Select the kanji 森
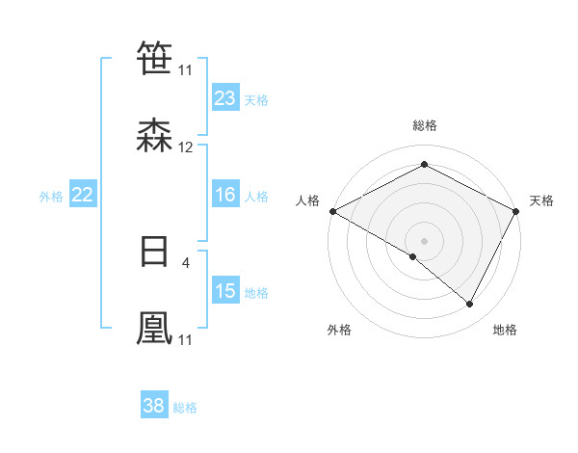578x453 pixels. pos(155,137)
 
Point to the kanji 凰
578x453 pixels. pos(155,328)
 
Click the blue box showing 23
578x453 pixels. pos(225,98)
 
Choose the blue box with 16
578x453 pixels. pos(225,195)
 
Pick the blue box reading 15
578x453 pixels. pos(225,291)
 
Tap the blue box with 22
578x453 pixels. pos(83,195)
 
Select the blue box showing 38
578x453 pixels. pos(154,406)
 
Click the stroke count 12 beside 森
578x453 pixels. pos(186,147)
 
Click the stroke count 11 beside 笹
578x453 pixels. pos(185,70)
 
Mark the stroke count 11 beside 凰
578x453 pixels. pos(185,339)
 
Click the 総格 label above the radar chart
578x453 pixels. pos(424,125)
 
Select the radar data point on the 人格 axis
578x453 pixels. pos(331,210)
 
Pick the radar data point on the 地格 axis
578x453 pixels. pos(470,304)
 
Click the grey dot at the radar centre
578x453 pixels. pos(424,240)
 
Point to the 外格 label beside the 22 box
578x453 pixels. pos(51,196)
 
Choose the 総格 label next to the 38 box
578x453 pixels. pos(185,408)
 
